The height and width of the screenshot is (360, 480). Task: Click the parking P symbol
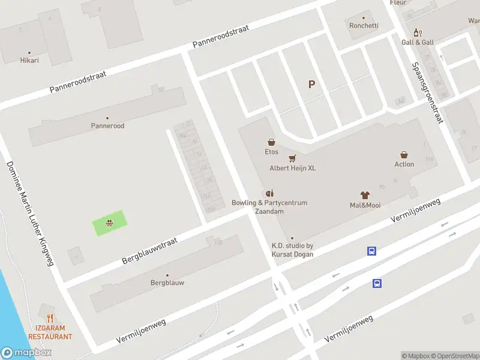click(311, 85)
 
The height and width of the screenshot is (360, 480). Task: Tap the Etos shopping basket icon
click(272, 142)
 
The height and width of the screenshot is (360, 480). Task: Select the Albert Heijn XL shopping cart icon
click(292, 158)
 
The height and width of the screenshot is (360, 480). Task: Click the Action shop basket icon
click(404, 154)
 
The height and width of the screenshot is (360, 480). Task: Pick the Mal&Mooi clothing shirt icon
click(365, 195)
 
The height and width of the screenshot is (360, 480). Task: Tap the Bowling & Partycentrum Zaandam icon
click(269, 193)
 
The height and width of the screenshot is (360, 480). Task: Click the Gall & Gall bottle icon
click(418, 33)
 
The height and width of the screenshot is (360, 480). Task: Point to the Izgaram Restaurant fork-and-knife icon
click(50, 319)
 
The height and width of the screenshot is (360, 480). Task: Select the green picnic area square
click(110, 223)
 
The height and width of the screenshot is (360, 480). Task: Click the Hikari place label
click(29, 61)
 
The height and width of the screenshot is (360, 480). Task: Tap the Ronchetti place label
click(364, 25)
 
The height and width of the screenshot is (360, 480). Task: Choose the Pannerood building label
click(107, 126)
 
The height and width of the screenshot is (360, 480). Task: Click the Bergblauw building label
click(167, 282)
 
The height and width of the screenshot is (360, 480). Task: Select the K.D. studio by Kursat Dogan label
click(292, 250)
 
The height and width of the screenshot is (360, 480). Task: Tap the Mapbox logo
click(26, 353)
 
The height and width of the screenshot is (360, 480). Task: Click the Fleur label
click(398, 3)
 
